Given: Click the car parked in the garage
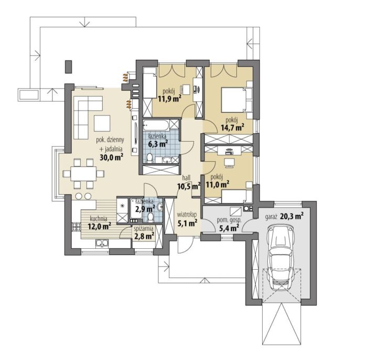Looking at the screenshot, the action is click(281, 257).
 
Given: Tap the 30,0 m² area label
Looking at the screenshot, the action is click(112, 157).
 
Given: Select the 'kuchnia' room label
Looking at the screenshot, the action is click(99, 219).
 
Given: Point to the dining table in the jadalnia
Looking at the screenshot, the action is click(83, 174).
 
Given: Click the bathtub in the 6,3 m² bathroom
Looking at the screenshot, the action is click(156, 125).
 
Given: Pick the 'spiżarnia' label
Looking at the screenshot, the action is click(144, 228).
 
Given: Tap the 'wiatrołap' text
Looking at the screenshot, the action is click(187, 215).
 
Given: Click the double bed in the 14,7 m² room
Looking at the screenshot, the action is click(236, 99).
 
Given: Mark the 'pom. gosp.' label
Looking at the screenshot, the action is click(229, 220).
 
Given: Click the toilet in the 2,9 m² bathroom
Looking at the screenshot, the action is click(150, 217).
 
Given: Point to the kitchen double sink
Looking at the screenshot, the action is click(102, 243).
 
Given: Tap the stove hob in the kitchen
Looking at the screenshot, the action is click(76, 227).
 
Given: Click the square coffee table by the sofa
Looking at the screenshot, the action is click(102, 123).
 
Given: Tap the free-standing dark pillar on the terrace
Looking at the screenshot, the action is click(68, 67).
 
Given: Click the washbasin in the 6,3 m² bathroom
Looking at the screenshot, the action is click(167, 160).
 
